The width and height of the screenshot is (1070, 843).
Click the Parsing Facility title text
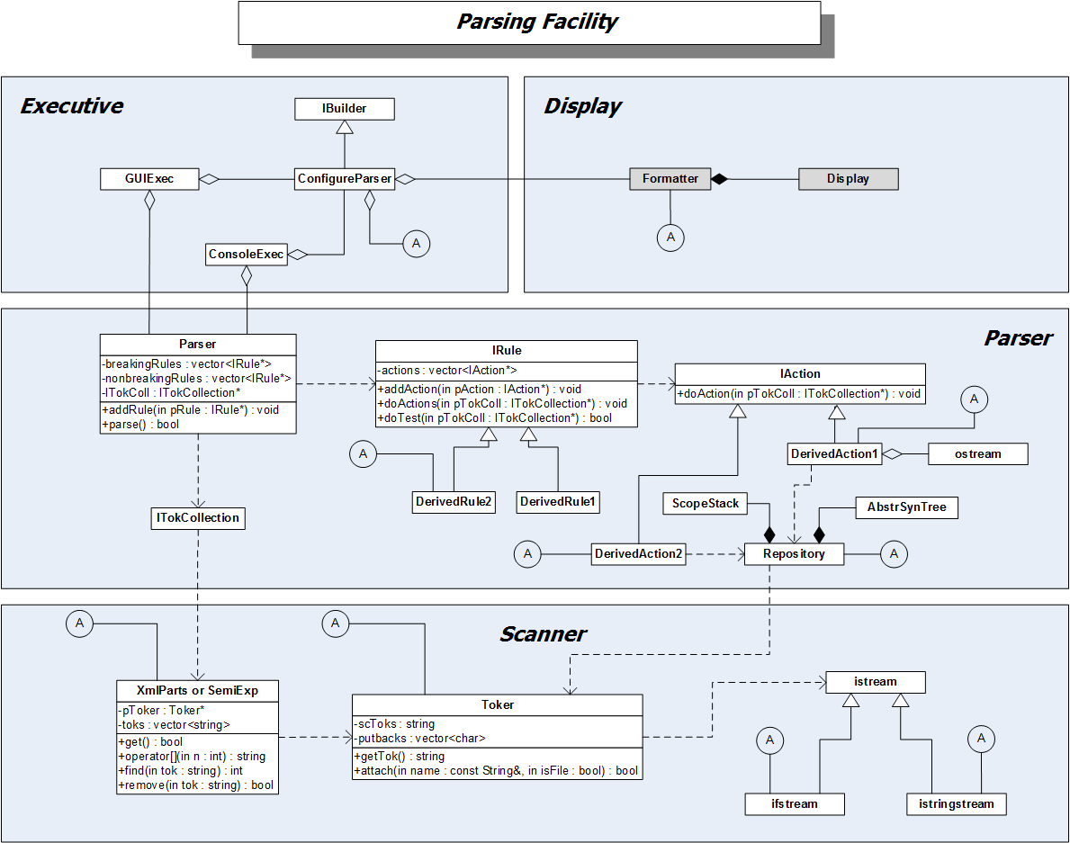(x=537, y=22)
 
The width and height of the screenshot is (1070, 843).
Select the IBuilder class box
(x=345, y=109)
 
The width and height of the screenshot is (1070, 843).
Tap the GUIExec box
(x=149, y=179)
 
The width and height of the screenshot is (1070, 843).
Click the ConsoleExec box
(x=246, y=255)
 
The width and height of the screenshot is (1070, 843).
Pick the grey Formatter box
(x=670, y=178)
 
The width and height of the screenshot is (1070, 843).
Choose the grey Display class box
(x=848, y=178)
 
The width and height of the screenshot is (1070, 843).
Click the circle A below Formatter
(x=670, y=238)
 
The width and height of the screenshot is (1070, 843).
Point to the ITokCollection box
(x=198, y=518)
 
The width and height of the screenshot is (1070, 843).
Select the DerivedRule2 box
(x=454, y=501)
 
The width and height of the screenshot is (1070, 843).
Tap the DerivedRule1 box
(x=558, y=501)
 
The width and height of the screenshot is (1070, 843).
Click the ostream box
(x=977, y=453)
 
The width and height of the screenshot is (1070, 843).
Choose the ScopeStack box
(x=705, y=504)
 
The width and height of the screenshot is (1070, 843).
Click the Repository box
(x=794, y=554)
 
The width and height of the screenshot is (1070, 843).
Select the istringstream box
(x=956, y=803)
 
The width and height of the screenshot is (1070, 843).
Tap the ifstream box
(x=795, y=803)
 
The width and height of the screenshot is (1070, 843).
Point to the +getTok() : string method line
(x=400, y=757)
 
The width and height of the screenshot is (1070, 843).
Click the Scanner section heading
(x=543, y=634)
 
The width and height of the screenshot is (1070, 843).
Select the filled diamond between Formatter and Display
(x=718, y=179)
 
